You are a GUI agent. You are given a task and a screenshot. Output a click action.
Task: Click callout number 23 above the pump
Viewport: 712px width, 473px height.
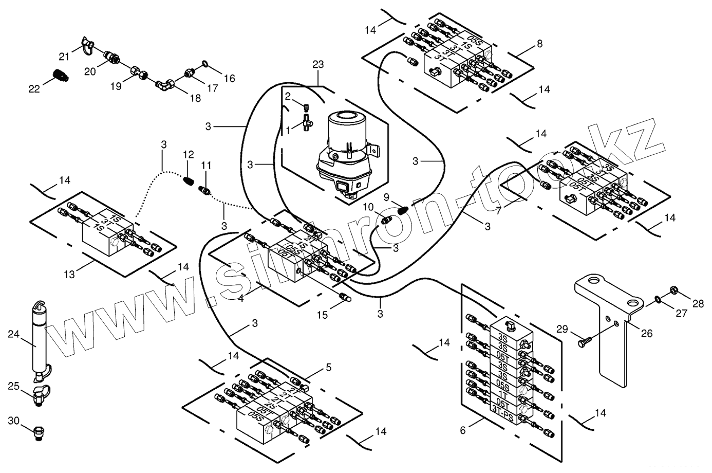[x=318, y=65]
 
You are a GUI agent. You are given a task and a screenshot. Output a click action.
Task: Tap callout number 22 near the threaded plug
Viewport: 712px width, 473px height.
[x=34, y=89]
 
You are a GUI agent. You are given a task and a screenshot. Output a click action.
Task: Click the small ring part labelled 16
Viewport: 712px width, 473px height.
[x=204, y=64]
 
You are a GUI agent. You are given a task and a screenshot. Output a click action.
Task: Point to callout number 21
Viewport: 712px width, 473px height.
[x=63, y=56]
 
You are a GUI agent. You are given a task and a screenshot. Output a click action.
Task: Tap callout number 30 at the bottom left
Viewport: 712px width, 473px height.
[x=14, y=420]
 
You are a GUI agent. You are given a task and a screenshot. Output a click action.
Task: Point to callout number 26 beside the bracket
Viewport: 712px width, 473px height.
[x=646, y=333]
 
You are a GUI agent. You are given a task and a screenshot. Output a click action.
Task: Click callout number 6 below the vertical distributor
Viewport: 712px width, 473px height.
[x=462, y=430]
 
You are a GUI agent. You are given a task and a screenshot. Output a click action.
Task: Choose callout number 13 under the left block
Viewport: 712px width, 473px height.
[x=69, y=274]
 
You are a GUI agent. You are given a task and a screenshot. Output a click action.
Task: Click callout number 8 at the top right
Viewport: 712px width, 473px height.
[x=539, y=44]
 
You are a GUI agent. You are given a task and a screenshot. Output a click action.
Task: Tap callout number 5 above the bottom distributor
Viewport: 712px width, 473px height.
[x=329, y=367]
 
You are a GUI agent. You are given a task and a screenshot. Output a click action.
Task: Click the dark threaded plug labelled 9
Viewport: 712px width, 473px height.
[x=403, y=210]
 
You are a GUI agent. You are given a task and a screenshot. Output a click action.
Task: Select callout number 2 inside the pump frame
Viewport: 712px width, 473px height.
[x=288, y=96]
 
